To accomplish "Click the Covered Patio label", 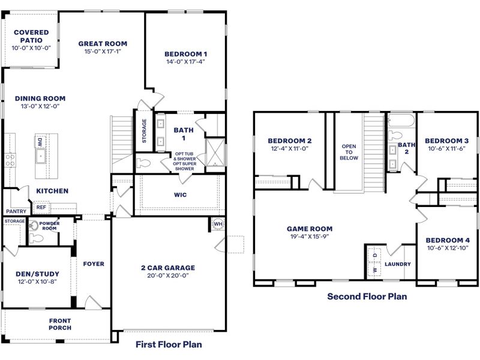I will point(31,36).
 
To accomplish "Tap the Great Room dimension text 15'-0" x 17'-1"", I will point(103,52).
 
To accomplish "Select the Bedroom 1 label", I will point(187,53).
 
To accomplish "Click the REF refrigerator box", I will point(41,207).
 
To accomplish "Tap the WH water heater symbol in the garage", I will point(217,224).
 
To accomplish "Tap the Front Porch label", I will point(60,324).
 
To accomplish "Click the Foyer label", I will point(93,263).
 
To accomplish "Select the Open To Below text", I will point(349,152).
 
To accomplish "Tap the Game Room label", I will point(309,229).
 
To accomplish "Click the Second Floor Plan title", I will point(367,296).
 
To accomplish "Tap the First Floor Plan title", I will point(169,344).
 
